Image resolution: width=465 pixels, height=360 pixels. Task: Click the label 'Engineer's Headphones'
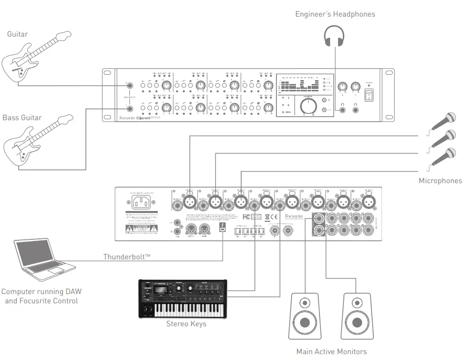pyautogui.click(x=335, y=14)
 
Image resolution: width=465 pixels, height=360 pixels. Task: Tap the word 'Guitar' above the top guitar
pyautogui.click(x=18, y=34)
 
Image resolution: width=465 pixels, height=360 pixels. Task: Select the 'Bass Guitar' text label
pyautogui.click(x=22, y=118)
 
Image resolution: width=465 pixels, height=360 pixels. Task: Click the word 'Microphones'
pyautogui.click(x=440, y=181)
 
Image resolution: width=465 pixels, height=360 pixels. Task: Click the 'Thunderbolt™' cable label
pyautogui.click(x=127, y=256)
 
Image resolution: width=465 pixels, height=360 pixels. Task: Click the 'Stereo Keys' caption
pyautogui.click(x=186, y=324)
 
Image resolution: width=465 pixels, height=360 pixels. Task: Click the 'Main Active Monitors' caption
pyautogui.click(x=331, y=351)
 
